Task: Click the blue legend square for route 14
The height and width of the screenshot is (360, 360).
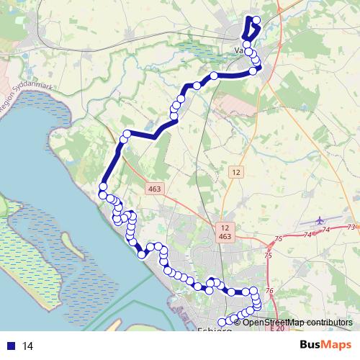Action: point(12,346)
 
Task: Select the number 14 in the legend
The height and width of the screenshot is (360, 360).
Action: point(29,346)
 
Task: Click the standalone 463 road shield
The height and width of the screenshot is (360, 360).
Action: point(155,189)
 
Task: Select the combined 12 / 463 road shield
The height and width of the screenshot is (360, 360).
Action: point(225,231)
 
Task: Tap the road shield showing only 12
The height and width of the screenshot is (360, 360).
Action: point(235,172)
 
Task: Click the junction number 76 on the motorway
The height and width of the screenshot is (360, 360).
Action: point(270,290)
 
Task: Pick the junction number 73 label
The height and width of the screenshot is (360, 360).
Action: point(351,228)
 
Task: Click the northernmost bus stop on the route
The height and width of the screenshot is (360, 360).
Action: point(256,19)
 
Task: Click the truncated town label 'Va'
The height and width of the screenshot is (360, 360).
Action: point(239,50)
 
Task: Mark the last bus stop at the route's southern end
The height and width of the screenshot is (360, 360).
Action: point(222,322)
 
